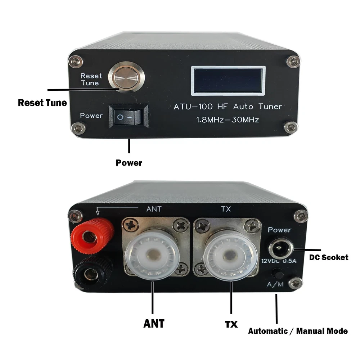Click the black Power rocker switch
point(129,116)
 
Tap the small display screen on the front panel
point(228,81)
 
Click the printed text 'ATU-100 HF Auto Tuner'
point(228,107)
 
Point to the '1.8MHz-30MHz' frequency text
point(227,120)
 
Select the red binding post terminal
point(92,236)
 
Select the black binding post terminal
point(93,273)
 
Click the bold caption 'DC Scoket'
point(329,257)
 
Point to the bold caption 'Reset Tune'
point(42,103)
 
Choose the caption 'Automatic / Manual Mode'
point(298,331)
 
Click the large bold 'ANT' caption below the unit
point(154,324)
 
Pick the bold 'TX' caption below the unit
point(231,325)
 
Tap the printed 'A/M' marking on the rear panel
point(275,284)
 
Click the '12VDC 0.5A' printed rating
point(279,261)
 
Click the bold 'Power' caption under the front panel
point(129,163)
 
